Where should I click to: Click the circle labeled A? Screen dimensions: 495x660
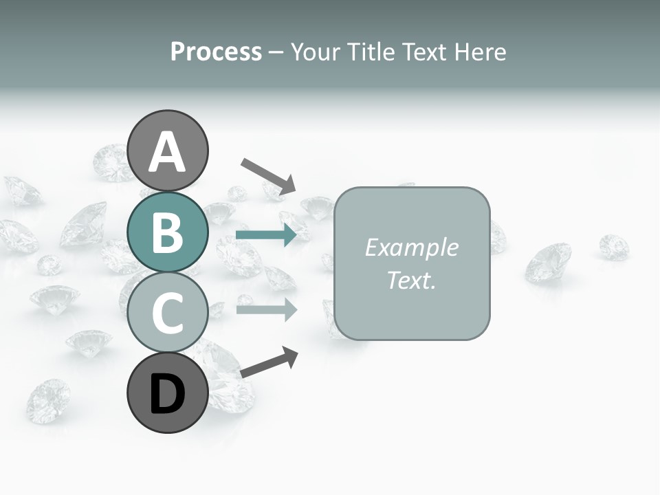tap(168, 151)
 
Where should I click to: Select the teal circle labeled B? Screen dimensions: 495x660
tap(168, 232)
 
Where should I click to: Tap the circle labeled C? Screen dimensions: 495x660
tap(168, 313)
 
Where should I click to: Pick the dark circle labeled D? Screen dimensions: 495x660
tap(168, 393)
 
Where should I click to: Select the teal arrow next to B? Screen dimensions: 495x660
tap(266, 235)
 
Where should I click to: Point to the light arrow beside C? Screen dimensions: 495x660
tap(266, 309)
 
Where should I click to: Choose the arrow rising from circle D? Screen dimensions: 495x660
tap(269, 362)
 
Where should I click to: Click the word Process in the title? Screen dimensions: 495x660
tap(216, 52)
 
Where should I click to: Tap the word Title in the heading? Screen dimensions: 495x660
tap(368, 52)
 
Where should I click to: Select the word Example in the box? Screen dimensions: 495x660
tap(411, 247)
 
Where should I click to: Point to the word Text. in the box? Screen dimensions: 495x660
tap(411, 280)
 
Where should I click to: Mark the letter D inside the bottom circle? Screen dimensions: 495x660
tap(168, 395)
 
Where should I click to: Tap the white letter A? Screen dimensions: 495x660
tap(168, 152)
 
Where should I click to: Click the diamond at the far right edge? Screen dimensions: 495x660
tap(613, 247)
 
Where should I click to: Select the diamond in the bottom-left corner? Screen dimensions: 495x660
tap(48, 400)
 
